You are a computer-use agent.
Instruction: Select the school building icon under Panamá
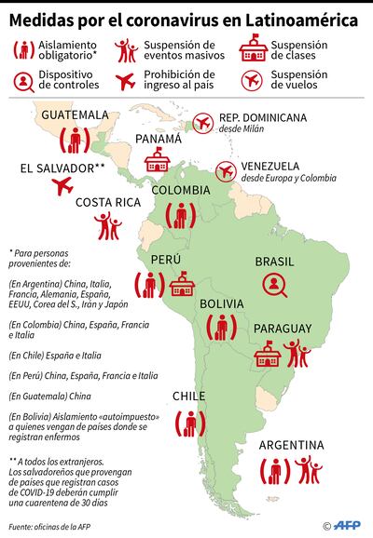point(159,159)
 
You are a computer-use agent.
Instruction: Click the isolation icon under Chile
point(193,424)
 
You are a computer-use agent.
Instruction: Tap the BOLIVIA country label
point(222,303)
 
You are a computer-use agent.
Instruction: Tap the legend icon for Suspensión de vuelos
point(251,80)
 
